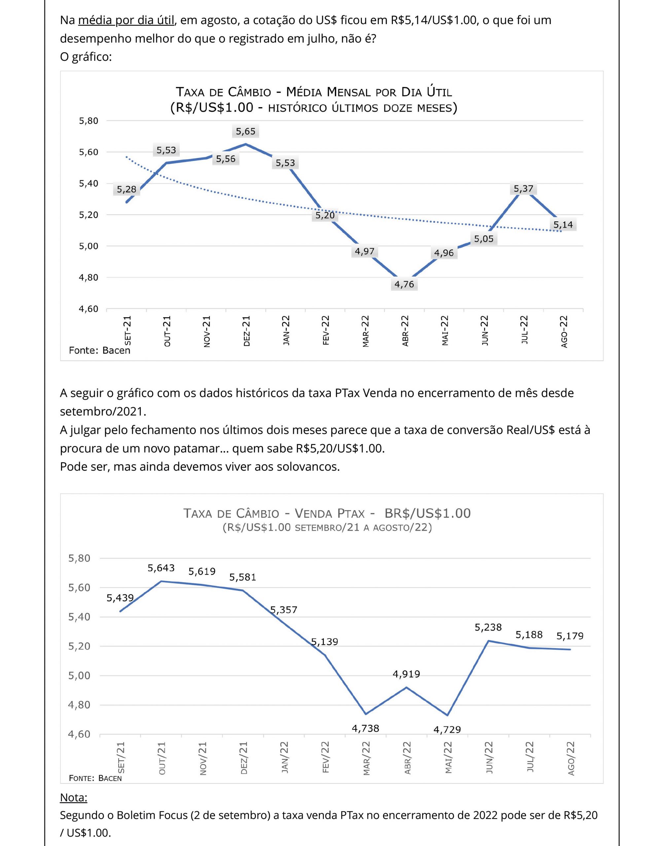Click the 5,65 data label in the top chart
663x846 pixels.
(245, 131)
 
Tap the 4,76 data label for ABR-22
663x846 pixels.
(404, 284)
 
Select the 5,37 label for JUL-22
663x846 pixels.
(523, 189)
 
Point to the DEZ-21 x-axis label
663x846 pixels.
(247, 331)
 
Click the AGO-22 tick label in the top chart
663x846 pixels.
(564, 331)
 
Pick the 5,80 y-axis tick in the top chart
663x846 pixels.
(88, 121)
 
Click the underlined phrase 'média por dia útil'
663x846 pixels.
(126, 20)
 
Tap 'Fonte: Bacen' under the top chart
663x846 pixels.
(99, 350)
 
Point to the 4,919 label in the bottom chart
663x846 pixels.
(406, 674)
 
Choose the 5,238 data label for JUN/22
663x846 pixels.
(488, 627)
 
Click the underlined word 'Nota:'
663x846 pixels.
(73, 798)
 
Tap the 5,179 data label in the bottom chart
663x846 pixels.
(570, 636)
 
